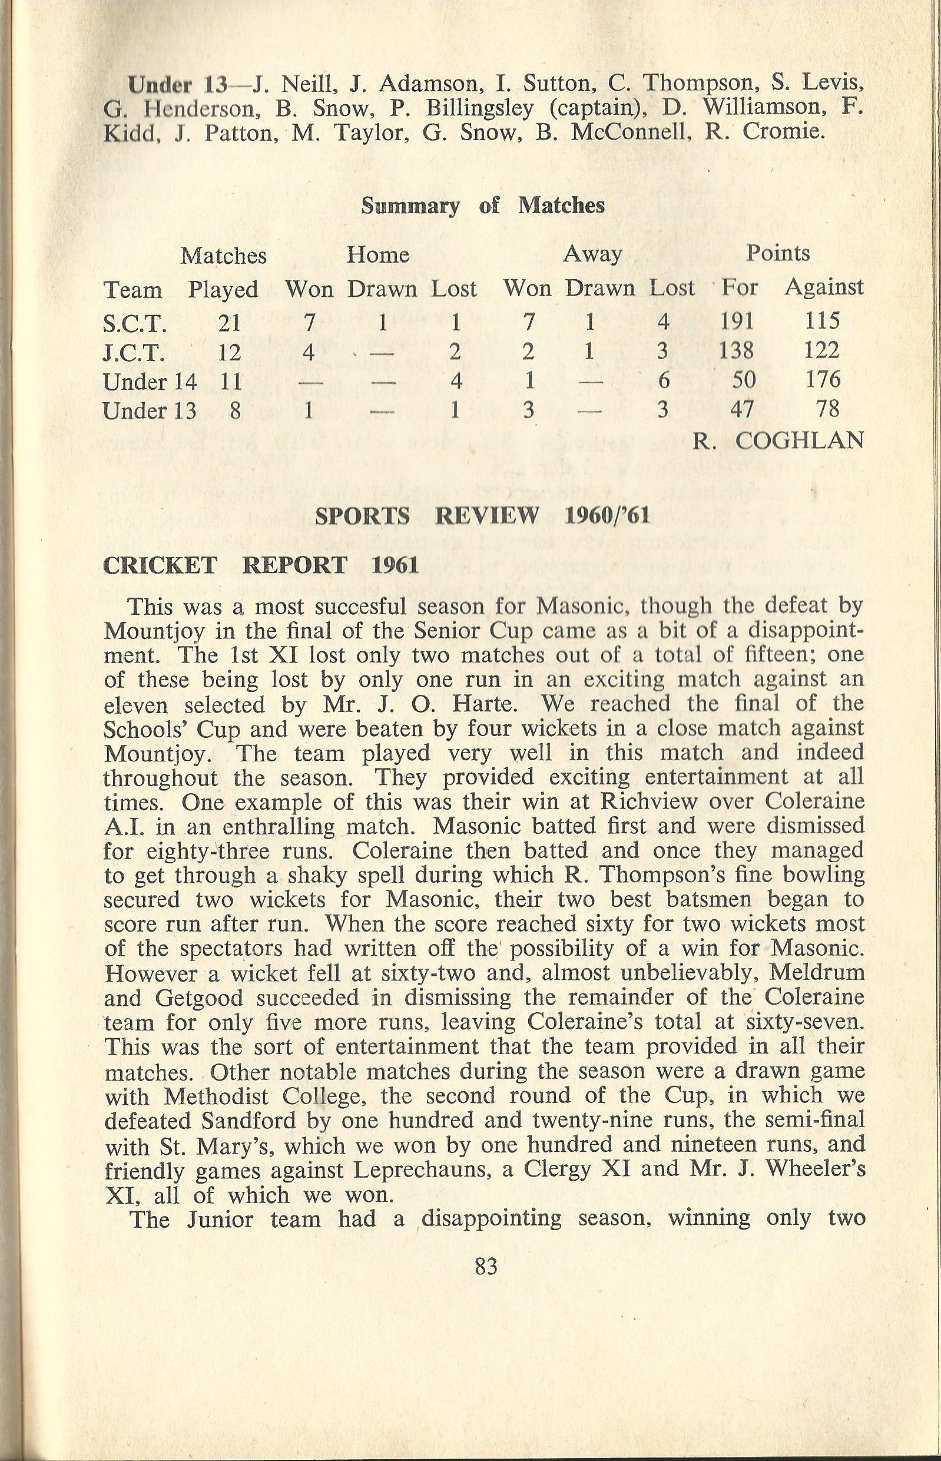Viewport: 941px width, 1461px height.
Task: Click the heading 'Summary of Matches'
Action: (483, 206)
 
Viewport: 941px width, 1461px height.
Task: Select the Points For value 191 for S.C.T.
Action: (737, 321)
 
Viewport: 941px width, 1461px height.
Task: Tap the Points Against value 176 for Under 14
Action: (823, 380)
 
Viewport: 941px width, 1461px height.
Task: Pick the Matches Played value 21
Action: (229, 322)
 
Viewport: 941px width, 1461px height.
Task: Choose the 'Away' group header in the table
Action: (592, 254)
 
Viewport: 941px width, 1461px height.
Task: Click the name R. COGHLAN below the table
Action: (778, 440)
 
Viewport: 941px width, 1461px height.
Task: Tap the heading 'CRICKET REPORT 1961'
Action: (261, 565)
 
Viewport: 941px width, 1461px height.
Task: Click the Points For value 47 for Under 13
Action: (743, 409)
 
